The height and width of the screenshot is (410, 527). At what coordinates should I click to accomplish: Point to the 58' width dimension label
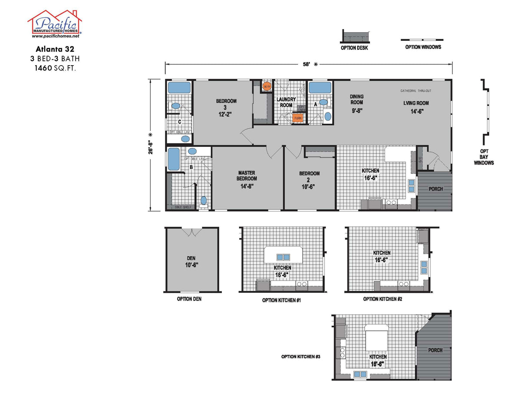click(x=306, y=64)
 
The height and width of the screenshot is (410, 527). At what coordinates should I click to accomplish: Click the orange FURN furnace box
click(x=298, y=118)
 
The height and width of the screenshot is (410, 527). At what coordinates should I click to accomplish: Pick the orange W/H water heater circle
click(x=267, y=87)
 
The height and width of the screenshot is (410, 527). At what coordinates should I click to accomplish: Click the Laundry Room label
click(x=286, y=102)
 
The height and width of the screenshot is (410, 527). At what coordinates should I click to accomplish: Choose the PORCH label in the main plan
click(x=435, y=189)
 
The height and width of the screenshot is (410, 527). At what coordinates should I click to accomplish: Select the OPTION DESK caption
click(x=354, y=48)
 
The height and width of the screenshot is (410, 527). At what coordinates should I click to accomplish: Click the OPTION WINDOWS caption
click(x=423, y=47)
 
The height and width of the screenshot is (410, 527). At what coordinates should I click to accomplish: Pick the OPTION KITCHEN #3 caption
click(x=300, y=357)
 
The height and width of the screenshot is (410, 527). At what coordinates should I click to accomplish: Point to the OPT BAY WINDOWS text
click(x=484, y=157)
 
